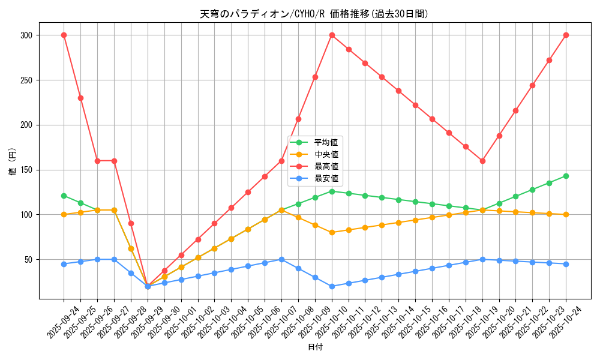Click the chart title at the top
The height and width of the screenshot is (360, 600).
(314, 14)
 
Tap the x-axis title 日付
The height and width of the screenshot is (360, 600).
(315, 347)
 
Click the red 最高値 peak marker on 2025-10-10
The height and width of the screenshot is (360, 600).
(332, 35)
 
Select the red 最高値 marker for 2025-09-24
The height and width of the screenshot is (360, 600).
(64, 35)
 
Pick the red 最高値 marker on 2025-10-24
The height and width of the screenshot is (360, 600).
(566, 35)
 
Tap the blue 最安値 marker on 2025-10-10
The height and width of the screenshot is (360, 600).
(332, 286)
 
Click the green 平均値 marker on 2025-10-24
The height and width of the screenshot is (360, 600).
(566, 176)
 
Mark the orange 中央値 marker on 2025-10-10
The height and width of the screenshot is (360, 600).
(332, 232)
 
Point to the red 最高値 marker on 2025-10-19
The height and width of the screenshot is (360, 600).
(482, 161)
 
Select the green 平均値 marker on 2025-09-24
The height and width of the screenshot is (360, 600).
(64, 196)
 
